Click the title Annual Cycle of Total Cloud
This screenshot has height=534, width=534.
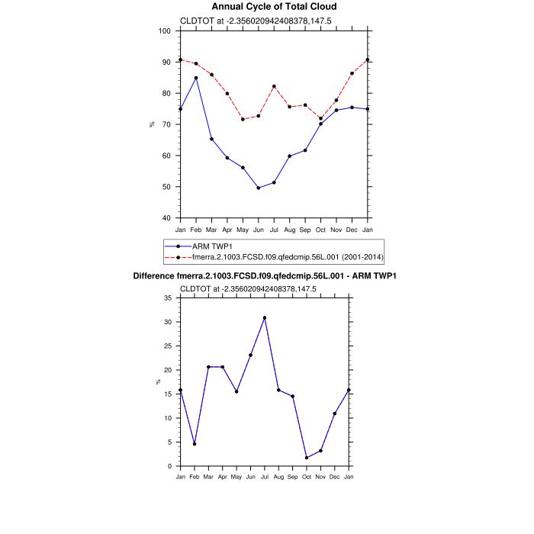tap(274, 7)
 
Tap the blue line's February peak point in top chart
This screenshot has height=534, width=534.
tap(196, 78)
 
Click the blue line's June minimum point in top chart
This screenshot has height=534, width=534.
tap(259, 188)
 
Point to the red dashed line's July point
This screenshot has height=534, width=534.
tap(274, 86)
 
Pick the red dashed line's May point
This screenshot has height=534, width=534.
tap(243, 119)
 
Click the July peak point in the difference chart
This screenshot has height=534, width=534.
tap(265, 317)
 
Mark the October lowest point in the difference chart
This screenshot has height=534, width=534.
tap(307, 458)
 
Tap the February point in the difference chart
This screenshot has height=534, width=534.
tap(195, 444)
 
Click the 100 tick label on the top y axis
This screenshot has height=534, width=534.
tap(165, 31)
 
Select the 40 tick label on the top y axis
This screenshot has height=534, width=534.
tap(167, 218)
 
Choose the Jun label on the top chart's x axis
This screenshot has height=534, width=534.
tap(259, 229)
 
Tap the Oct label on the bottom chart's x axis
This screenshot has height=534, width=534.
tap(307, 477)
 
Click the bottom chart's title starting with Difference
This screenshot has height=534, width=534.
tap(265, 275)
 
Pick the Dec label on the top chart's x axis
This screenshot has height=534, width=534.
tap(352, 229)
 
